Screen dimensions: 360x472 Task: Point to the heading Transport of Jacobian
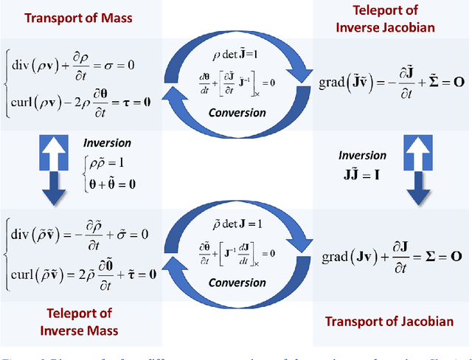pyautogui.click(x=389, y=321)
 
